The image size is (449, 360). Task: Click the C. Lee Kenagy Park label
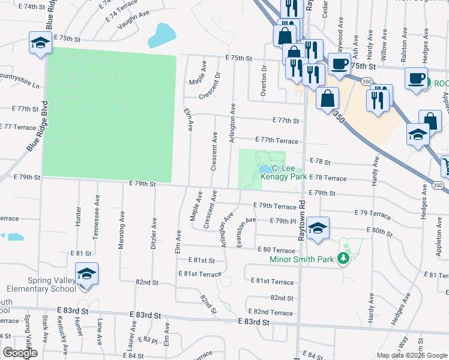pos(289,173)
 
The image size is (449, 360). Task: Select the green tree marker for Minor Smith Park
pos(343,259)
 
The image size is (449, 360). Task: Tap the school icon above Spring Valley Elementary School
pos(87,274)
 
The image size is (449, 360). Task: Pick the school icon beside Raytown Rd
pos(318,227)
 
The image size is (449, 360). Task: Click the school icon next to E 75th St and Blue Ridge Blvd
pos(40,43)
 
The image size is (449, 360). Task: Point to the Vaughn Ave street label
pos(133,22)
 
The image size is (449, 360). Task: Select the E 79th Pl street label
pos(283,221)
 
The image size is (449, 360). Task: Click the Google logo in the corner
pos(20,353)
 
